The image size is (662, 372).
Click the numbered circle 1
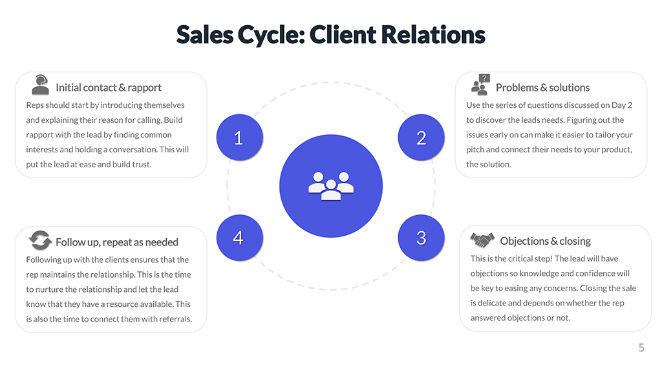tap(239, 138)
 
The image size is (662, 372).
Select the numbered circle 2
tap(421, 138)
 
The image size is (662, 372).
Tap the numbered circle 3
tap(421, 238)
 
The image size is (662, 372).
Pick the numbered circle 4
tap(239, 238)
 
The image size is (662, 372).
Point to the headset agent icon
tap(40, 85)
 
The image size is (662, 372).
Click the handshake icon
tap(482, 240)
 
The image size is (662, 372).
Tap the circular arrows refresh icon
tap(40, 240)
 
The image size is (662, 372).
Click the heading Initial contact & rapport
tap(109, 88)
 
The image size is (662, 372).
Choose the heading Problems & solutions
tap(542, 88)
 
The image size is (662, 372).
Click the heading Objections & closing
tap(545, 242)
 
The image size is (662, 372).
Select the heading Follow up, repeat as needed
tap(117, 243)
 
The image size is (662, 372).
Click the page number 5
tap(641, 348)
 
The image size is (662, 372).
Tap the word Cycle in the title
tap(271, 36)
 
